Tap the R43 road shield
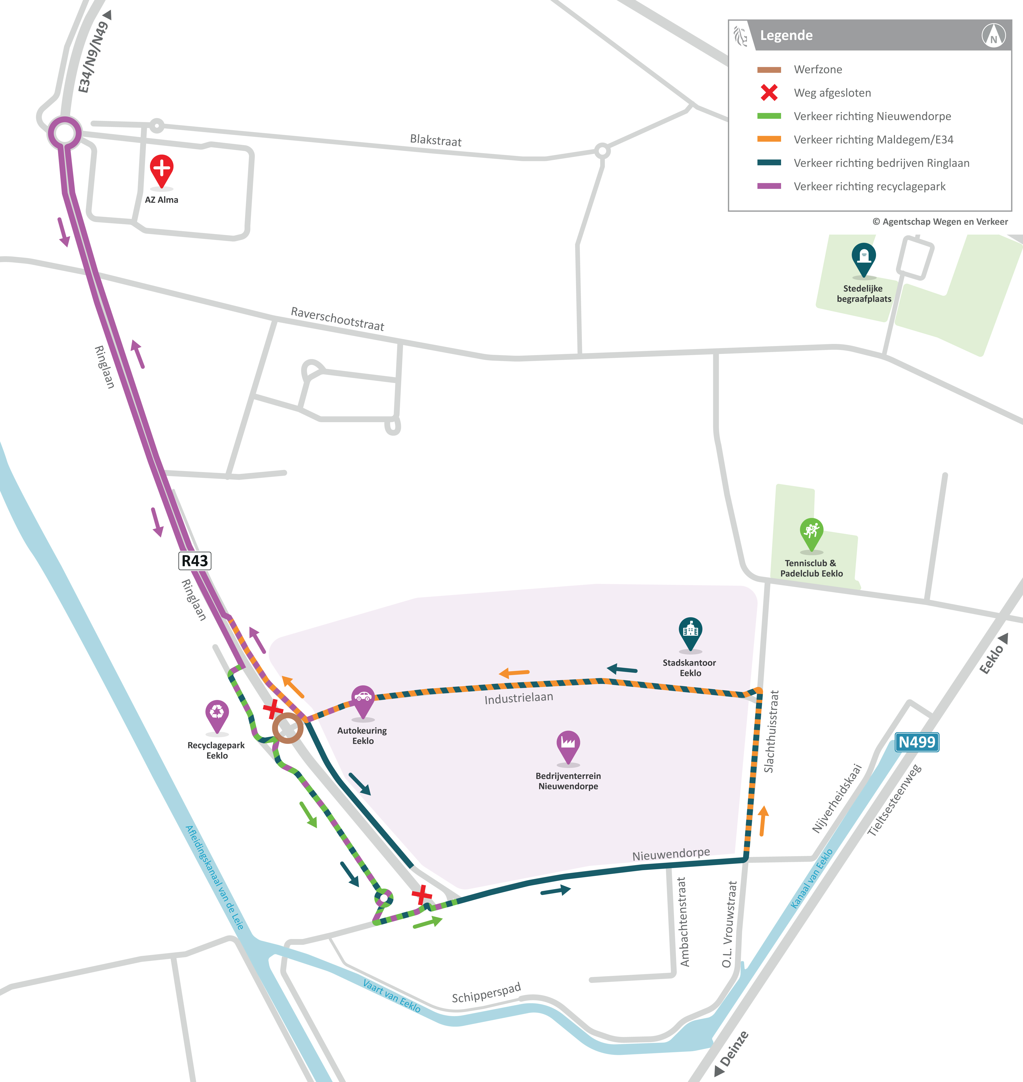[x=195, y=560]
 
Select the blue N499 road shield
[x=917, y=742]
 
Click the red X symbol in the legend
[x=769, y=93]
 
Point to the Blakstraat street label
[x=436, y=141]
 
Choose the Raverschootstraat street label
[x=338, y=319]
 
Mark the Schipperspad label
[x=486, y=993]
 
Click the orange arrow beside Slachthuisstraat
[x=763, y=820]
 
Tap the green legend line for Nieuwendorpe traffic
[x=769, y=116]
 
